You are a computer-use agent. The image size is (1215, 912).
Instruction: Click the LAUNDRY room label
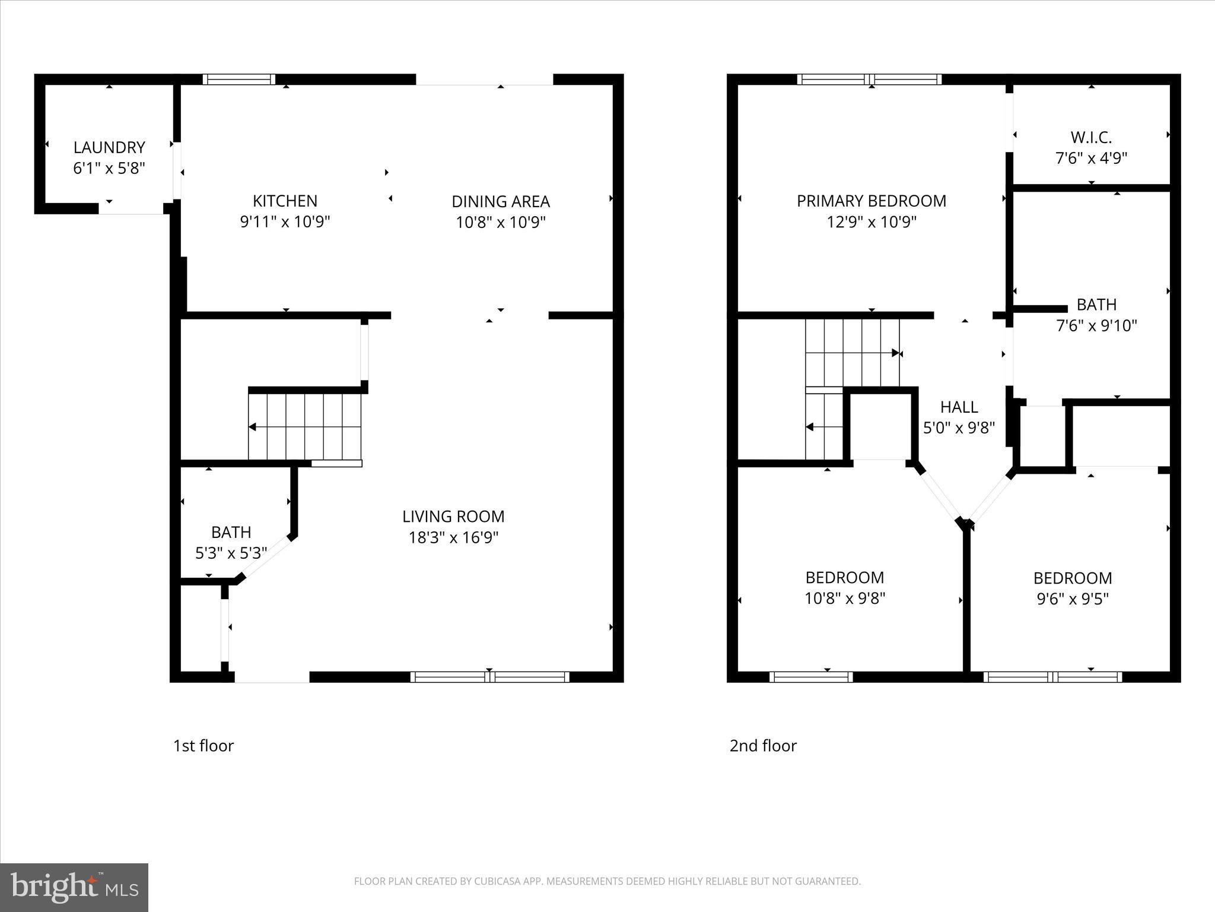[109, 147]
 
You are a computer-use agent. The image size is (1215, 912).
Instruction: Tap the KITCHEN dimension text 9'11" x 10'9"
[285, 222]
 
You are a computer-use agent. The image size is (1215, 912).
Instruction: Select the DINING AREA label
[501, 201]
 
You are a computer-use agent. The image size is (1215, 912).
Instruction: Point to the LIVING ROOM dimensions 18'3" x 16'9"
[453, 537]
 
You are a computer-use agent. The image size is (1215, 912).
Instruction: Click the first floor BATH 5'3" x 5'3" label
[231, 543]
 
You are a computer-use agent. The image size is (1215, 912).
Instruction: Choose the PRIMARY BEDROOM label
[871, 201]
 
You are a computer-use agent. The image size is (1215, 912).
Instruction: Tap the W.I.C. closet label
[1091, 138]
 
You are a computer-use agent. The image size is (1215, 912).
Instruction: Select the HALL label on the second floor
[959, 407]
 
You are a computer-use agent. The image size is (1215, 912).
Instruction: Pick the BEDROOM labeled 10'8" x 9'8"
[844, 588]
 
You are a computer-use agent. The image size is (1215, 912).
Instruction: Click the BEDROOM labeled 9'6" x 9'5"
[1072, 588]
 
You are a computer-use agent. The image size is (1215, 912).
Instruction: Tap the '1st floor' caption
[203, 746]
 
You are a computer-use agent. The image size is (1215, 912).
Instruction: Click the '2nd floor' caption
[763, 746]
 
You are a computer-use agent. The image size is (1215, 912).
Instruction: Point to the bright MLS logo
[74, 887]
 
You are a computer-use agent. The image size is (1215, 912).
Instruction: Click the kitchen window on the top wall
[239, 79]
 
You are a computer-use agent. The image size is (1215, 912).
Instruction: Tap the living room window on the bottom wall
[489, 677]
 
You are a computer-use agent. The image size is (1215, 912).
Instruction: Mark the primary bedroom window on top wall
[869, 79]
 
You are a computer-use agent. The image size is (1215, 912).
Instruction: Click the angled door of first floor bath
[265, 557]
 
